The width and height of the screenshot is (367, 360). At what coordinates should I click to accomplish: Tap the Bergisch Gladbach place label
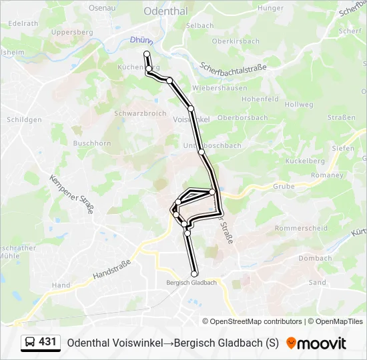tap(192, 283)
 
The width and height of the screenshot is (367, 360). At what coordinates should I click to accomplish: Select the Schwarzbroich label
tap(140, 113)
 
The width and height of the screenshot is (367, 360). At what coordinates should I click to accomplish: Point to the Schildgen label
tap(24, 120)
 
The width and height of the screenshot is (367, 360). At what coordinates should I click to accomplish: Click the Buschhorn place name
tap(92, 143)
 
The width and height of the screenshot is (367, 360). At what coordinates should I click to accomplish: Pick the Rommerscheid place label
tap(302, 228)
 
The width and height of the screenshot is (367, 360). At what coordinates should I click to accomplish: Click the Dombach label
tap(315, 259)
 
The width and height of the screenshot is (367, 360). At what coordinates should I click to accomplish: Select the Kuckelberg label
tap(305, 161)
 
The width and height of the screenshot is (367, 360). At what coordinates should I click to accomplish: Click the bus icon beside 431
tap(30, 342)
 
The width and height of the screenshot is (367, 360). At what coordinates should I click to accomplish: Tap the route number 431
tap(47, 342)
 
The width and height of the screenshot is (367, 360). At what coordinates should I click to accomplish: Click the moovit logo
tap(316, 343)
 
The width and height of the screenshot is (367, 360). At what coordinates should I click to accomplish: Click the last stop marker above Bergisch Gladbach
tap(195, 274)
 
